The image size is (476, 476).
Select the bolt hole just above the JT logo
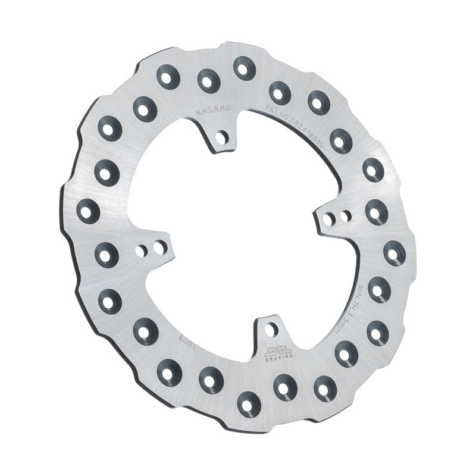(x=270, y=328)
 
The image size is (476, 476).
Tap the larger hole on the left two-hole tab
(x=158, y=245)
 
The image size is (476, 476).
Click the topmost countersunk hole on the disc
(x=242, y=67)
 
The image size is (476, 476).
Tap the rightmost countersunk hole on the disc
(x=394, y=252)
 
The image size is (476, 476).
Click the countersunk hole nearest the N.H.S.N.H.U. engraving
(x=207, y=79)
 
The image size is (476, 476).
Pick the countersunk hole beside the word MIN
(x=378, y=290)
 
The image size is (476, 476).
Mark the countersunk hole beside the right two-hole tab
(x=375, y=211)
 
